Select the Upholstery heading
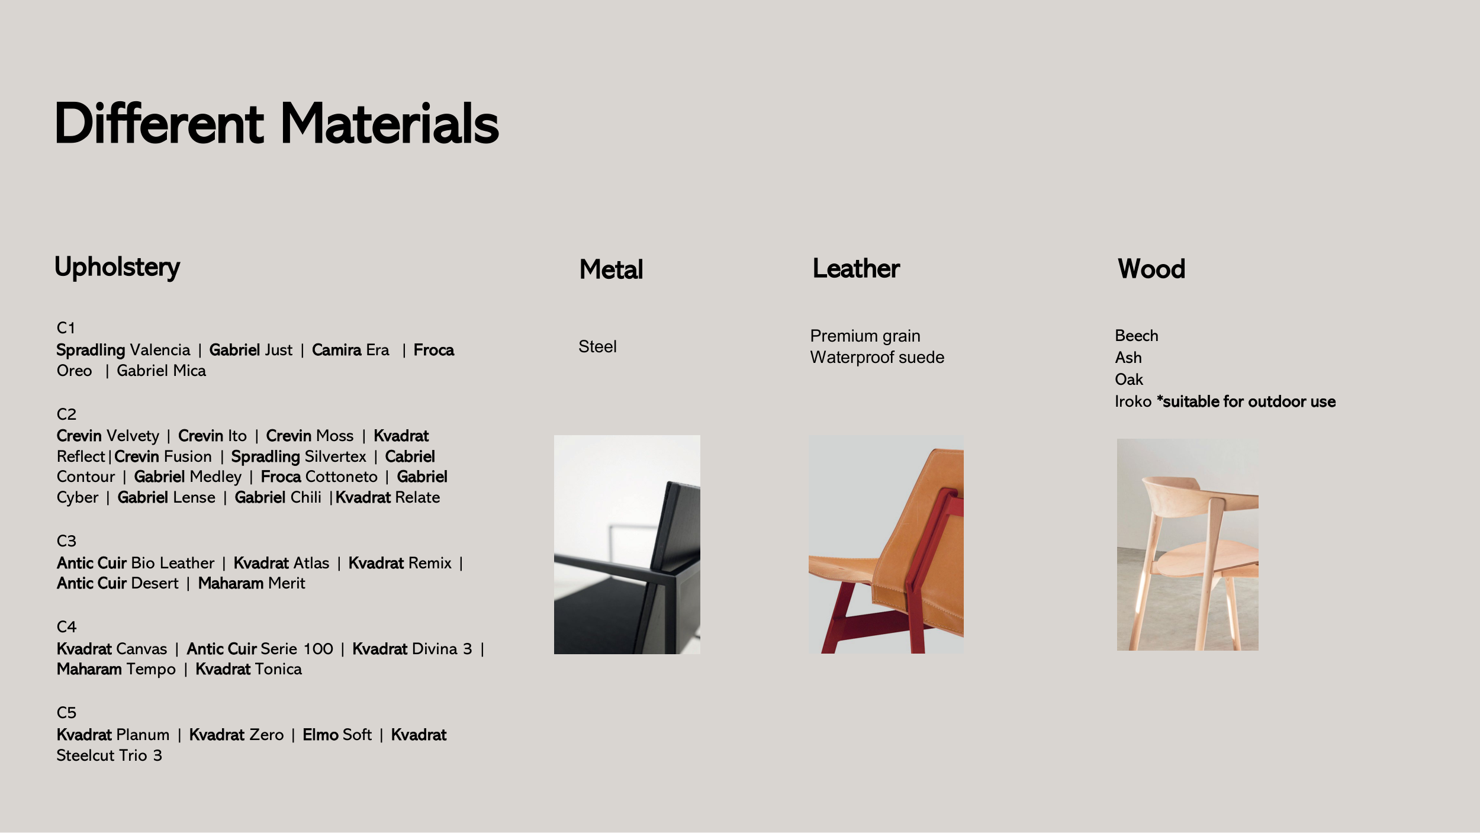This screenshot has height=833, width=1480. (117, 267)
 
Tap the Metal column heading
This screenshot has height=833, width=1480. (611, 269)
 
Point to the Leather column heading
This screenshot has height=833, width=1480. (856, 269)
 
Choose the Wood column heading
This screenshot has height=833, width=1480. (1151, 269)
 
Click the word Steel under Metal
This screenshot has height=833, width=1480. (597, 346)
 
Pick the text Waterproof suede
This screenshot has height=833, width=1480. (877, 358)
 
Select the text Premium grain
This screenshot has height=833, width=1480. (865, 336)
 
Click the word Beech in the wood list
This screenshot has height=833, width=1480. (1136, 336)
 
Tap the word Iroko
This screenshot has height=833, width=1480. (1133, 401)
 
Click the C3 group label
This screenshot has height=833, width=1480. (66, 541)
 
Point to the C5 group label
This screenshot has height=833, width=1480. (66, 713)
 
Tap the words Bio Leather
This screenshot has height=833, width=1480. (173, 563)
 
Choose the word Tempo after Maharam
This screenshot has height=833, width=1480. (151, 670)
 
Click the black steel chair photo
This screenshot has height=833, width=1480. (627, 545)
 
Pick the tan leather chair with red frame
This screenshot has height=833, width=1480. (886, 545)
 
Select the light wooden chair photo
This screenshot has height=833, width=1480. (1188, 545)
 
